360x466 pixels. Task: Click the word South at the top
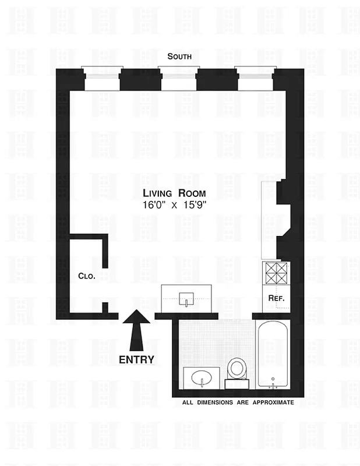point(179,57)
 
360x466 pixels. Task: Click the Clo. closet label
point(86,277)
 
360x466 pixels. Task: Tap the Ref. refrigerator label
point(276,298)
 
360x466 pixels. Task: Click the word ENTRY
point(136,359)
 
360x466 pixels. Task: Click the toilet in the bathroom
point(237,368)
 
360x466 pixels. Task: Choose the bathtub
point(273,355)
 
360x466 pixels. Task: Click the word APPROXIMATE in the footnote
point(273,402)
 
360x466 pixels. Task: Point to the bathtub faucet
point(273,386)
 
